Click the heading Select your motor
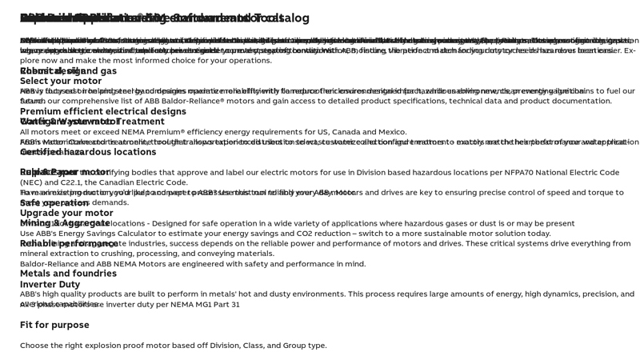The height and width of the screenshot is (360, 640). tap(61, 81)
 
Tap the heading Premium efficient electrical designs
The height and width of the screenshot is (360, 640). tap(102, 111)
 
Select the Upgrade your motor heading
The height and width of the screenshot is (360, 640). tap(66, 213)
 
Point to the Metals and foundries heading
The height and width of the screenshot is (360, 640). tap(68, 274)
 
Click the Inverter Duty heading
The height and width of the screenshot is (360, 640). tap(50, 284)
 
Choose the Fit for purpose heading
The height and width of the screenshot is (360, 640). tap(54, 325)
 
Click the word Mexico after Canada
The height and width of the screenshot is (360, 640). tap(391, 132)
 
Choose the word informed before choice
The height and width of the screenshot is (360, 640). tap(142, 61)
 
